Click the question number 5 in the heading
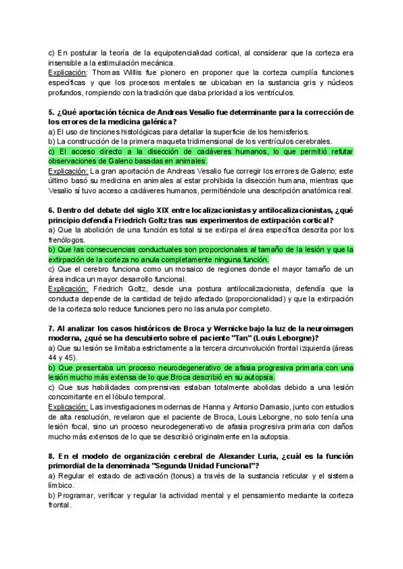point(50,111)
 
